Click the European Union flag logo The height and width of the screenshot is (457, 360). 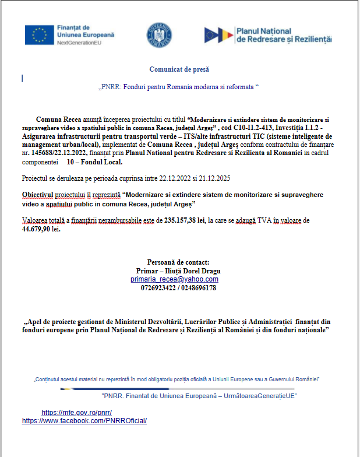click(x=40, y=35)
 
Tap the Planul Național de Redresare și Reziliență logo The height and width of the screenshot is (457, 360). click(x=268, y=35)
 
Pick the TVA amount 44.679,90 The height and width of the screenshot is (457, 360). click(x=41, y=229)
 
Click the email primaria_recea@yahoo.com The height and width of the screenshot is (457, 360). click(x=174, y=279)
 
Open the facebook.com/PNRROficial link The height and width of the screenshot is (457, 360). click(x=84, y=420)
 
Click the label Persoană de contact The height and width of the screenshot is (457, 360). click(x=179, y=262)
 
